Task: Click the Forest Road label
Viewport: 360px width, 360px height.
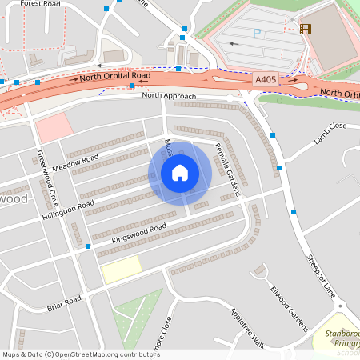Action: pyautogui.click(x=41, y=3)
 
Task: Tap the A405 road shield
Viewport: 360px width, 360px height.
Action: pyautogui.click(x=267, y=80)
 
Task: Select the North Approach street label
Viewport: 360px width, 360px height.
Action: pyautogui.click(x=168, y=95)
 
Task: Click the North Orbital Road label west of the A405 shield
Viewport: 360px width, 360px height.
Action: pyautogui.click(x=114, y=78)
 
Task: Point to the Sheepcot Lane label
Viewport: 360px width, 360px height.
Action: pyautogui.click(x=319, y=277)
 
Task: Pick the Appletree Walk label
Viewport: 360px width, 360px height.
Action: pyautogui.click(x=247, y=328)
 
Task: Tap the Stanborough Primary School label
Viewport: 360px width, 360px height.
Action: pyautogui.click(x=337, y=340)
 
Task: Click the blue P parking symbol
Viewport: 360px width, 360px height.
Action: pyautogui.click(x=257, y=33)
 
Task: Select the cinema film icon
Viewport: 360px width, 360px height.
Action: pyautogui.click(x=305, y=29)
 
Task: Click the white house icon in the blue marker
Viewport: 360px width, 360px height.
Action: pyautogui.click(x=180, y=173)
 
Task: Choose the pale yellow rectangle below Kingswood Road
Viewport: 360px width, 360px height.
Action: pyautogui.click(x=121, y=270)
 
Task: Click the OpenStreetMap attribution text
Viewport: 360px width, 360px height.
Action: pyautogui.click(x=81, y=354)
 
